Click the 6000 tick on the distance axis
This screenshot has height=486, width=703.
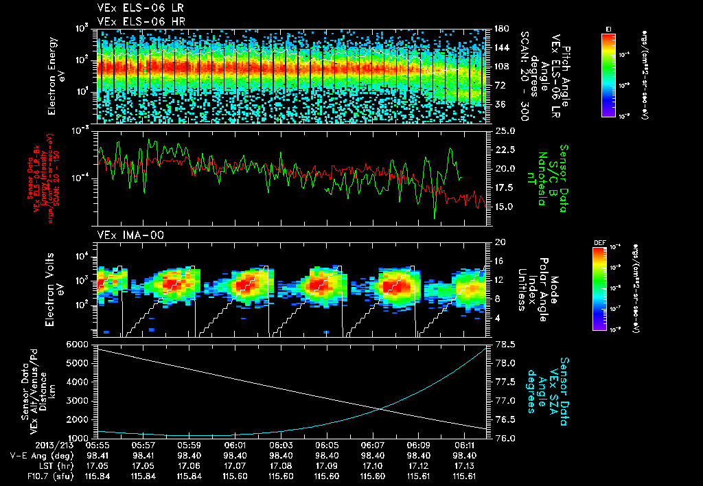pos(80,344)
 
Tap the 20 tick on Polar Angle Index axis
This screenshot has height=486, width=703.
pos(499,242)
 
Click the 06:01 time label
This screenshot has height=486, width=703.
pos(235,445)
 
